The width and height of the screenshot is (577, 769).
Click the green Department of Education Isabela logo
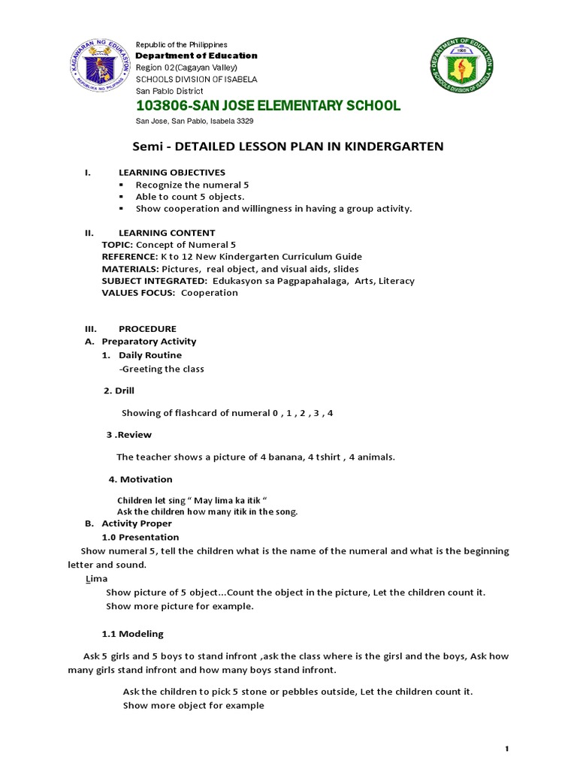pyautogui.click(x=461, y=69)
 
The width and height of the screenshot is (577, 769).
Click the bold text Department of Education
pyautogui.click(x=196, y=56)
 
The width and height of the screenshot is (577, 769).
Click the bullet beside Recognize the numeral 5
pyautogui.click(x=120, y=185)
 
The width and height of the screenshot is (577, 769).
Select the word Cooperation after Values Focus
pyautogui.click(x=210, y=293)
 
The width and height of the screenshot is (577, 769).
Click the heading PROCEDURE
pyautogui.click(x=148, y=328)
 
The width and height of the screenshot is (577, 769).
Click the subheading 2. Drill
pyautogui.click(x=119, y=391)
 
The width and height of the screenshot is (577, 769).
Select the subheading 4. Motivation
pyautogui.click(x=140, y=479)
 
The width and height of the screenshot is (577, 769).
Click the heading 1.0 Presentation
pyautogui.click(x=140, y=537)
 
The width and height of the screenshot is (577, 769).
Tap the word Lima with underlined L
pyautogui.click(x=96, y=578)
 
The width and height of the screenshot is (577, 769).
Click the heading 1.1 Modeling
pyautogui.click(x=132, y=634)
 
